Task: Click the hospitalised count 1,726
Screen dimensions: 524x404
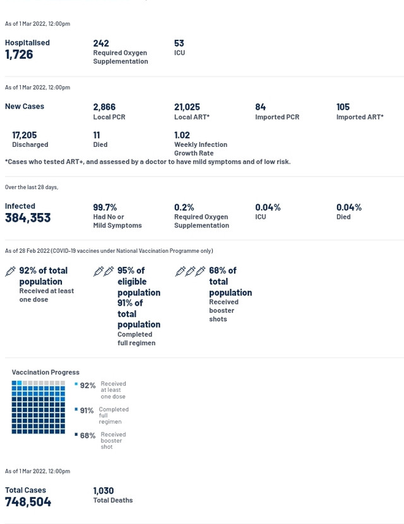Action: pyautogui.click(x=19, y=55)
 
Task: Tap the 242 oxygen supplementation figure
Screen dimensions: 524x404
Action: pyautogui.click(x=101, y=44)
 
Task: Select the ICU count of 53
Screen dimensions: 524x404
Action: pyautogui.click(x=179, y=44)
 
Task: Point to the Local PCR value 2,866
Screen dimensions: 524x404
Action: pyautogui.click(x=104, y=107)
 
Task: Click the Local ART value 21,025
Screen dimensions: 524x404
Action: pyautogui.click(x=187, y=107)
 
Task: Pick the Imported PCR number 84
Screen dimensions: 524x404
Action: pyautogui.click(x=260, y=107)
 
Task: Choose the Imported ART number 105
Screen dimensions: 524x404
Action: pyautogui.click(x=343, y=107)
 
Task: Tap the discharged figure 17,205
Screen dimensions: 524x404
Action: pyautogui.click(x=24, y=135)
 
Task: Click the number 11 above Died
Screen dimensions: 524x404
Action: pyautogui.click(x=97, y=135)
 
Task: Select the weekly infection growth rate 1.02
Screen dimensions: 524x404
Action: pyautogui.click(x=182, y=135)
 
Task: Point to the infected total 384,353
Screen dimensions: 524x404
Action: pyautogui.click(x=28, y=218)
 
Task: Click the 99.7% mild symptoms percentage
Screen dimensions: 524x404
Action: pyautogui.click(x=105, y=207)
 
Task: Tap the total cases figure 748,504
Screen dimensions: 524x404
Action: pyautogui.click(x=28, y=502)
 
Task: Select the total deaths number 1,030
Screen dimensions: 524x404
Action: pyautogui.click(x=104, y=491)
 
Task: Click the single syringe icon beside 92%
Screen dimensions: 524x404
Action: pyautogui.click(x=10, y=271)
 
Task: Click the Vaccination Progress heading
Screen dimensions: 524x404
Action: pyautogui.click(x=45, y=373)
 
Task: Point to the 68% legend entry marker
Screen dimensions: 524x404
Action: pyautogui.click(x=76, y=434)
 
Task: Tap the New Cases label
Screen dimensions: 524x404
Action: pyautogui.click(x=25, y=107)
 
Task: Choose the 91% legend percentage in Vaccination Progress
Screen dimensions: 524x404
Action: pyautogui.click(x=86, y=410)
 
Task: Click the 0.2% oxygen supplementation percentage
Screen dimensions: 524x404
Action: pyautogui.click(x=184, y=207)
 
